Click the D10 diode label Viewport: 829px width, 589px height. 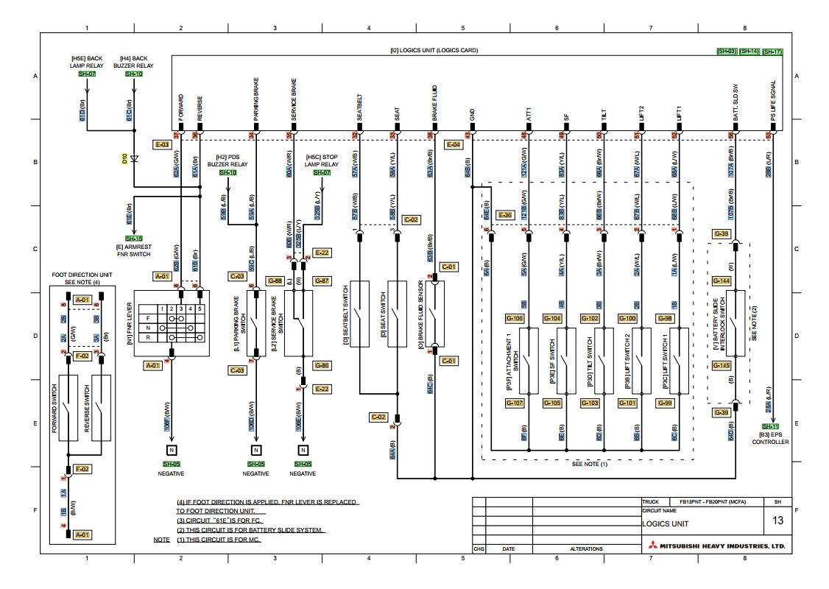(125, 158)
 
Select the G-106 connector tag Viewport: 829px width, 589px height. (515, 318)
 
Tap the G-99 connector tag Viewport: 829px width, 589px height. (665, 403)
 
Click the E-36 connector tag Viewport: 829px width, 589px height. (505, 215)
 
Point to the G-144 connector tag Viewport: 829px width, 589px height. (722, 281)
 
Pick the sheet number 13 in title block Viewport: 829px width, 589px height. (777, 520)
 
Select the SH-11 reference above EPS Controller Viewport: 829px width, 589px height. (770, 426)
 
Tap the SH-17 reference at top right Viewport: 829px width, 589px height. (772, 52)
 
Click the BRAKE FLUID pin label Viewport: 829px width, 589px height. (435, 103)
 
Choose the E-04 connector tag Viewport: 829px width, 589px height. (454, 145)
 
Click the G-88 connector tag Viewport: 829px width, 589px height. (275, 281)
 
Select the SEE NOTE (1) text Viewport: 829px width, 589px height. (590, 465)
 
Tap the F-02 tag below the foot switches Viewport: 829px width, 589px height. (82, 468)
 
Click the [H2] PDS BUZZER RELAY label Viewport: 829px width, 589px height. (232, 161)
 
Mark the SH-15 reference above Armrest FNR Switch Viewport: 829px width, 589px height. (133, 239)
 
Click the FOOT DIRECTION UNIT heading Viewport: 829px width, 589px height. (81, 275)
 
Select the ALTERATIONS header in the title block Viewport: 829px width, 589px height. (586, 549)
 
